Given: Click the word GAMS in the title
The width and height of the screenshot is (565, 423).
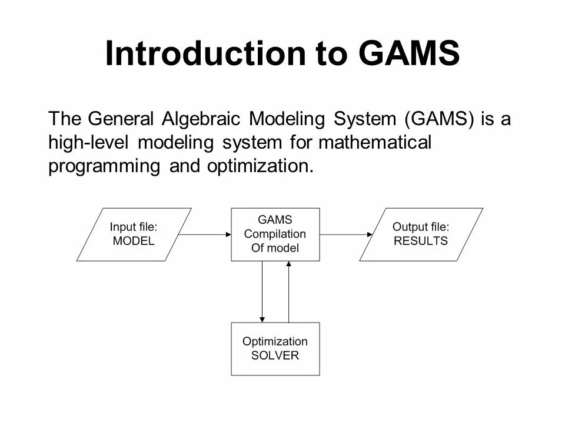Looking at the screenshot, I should pyautogui.click(x=408, y=54).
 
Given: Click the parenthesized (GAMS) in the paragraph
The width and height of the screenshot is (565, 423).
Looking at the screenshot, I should pyautogui.click(x=440, y=119).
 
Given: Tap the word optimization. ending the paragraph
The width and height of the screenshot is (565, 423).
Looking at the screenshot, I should pyautogui.click(x=259, y=167).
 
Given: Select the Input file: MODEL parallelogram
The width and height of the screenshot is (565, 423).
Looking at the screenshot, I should pyautogui.click(x=134, y=234).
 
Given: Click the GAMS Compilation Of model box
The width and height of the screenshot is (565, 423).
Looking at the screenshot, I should pyautogui.click(x=275, y=234).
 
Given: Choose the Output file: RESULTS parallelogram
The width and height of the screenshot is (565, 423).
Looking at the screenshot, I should pyautogui.click(x=420, y=234).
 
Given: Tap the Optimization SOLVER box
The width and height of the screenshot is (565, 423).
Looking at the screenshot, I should pyautogui.click(x=275, y=348).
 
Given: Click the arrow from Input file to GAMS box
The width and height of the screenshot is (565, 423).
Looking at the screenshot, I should pyautogui.click(x=204, y=234).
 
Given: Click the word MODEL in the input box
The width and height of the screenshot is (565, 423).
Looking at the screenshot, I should pyautogui.click(x=134, y=241).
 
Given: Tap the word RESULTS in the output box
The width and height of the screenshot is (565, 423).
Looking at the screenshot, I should pyautogui.click(x=420, y=241).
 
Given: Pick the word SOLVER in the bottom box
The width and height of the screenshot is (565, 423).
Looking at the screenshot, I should pyautogui.click(x=275, y=355).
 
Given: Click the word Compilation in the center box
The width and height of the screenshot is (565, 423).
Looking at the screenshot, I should pyautogui.click(x=275, y=234).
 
